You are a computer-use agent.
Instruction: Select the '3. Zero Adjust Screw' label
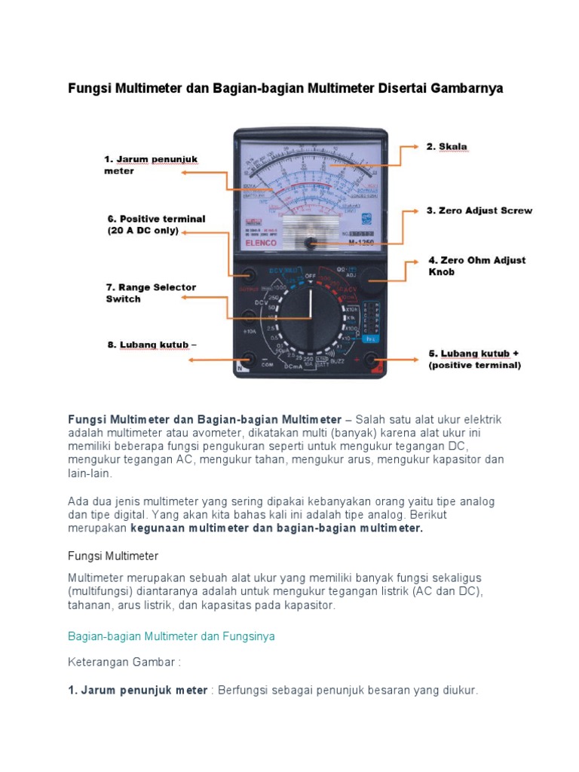pos(479,210)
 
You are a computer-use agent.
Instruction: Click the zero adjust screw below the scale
pos(310,243)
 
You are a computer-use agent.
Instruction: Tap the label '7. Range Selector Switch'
pos(151,293)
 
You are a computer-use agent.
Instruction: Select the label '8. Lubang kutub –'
pos(151,345)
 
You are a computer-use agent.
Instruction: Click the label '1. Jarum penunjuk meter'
pos(151,164)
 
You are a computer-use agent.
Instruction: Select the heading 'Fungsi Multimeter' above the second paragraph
pos(113,556)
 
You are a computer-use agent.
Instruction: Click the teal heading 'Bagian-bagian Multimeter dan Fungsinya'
pos(171,636)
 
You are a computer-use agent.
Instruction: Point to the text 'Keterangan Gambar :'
pos(124,663)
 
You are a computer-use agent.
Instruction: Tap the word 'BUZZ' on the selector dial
pos(337,362)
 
